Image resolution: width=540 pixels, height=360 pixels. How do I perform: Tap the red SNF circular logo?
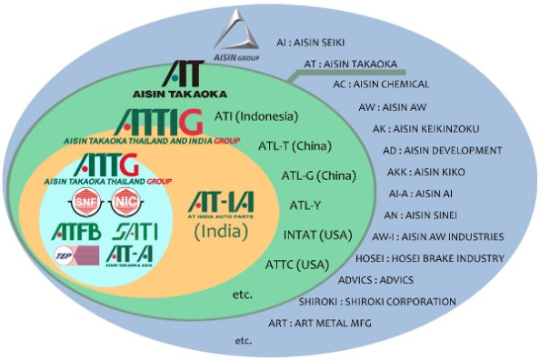85,203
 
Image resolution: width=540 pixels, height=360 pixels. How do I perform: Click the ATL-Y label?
305,205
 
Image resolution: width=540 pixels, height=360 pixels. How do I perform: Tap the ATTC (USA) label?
298,265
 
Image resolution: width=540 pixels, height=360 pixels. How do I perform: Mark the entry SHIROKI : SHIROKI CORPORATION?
377,302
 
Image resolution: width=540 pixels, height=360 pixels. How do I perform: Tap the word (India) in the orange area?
222,232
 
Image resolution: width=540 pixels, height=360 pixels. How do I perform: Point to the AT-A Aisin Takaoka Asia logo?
126,255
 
